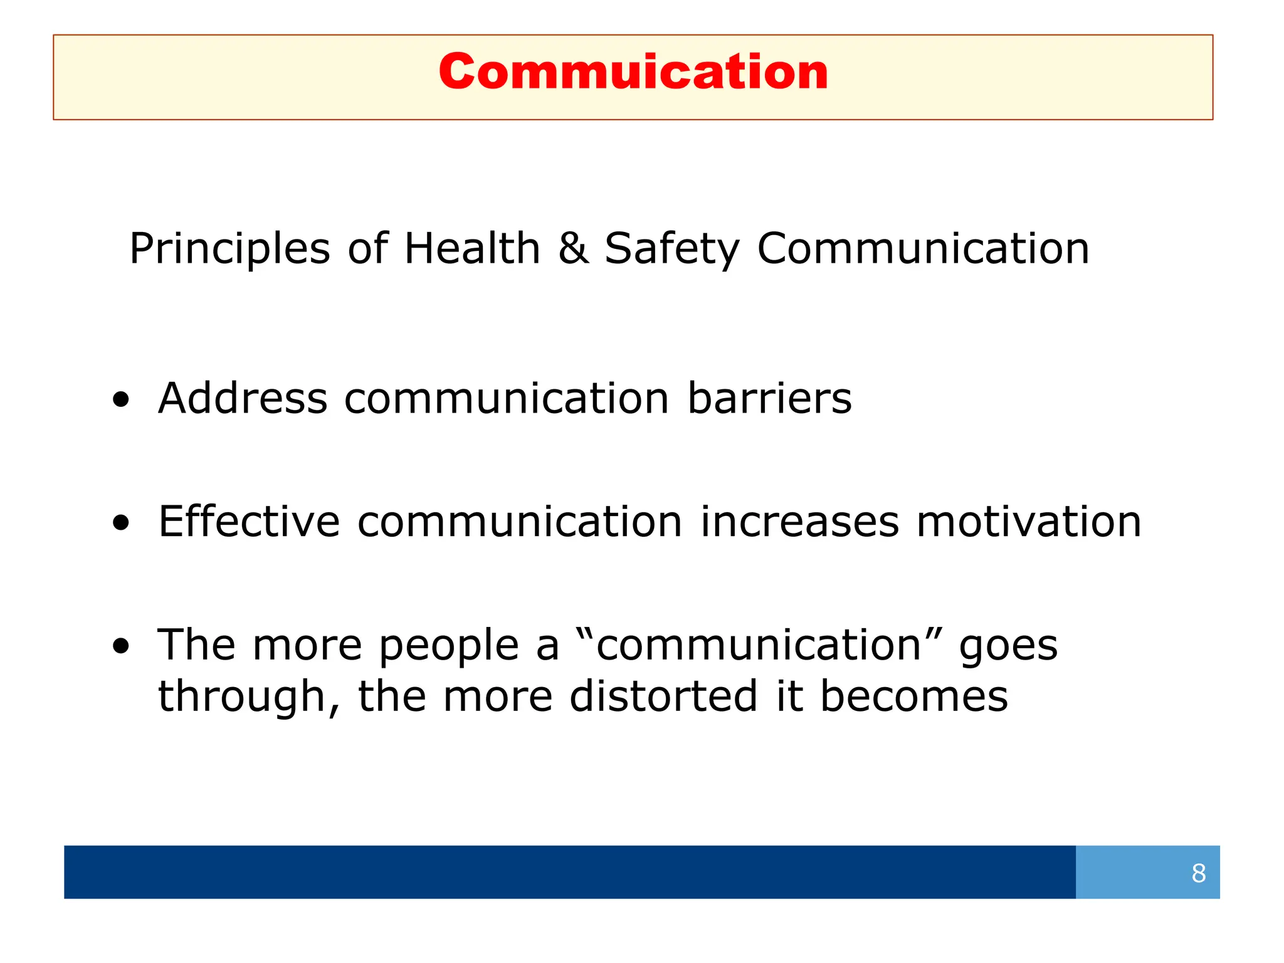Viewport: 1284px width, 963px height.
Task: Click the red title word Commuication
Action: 633,72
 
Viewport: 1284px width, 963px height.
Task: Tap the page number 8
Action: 1198,873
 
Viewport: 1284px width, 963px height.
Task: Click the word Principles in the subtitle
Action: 229,249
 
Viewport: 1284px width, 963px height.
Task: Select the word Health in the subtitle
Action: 472,248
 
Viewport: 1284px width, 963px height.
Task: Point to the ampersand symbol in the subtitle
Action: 573,248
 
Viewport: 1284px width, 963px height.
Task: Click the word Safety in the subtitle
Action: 671,250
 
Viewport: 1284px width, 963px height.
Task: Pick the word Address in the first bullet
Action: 243,398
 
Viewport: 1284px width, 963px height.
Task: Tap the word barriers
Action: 769,398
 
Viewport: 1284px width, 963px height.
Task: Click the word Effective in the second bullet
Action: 249,521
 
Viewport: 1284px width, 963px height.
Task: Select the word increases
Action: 799,522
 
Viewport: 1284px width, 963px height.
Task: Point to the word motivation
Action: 1028,522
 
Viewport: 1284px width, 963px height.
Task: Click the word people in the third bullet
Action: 449,646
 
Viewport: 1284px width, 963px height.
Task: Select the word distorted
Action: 663,696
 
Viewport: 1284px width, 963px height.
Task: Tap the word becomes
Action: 913,696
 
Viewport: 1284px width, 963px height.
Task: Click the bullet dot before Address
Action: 121,400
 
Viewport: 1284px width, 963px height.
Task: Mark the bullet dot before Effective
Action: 121,523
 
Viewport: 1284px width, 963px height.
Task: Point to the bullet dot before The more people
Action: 121,646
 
